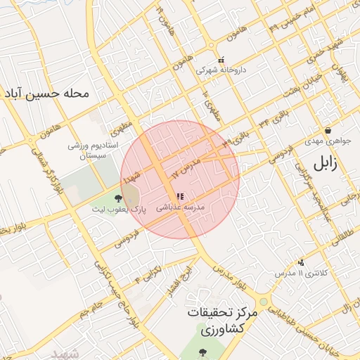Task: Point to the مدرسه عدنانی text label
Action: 179,209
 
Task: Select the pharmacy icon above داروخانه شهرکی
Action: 221,60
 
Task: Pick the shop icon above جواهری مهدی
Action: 328,130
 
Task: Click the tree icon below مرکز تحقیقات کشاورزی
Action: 202,352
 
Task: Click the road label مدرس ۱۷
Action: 186,166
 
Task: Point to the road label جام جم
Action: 91,307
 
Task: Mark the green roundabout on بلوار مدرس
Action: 264,302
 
